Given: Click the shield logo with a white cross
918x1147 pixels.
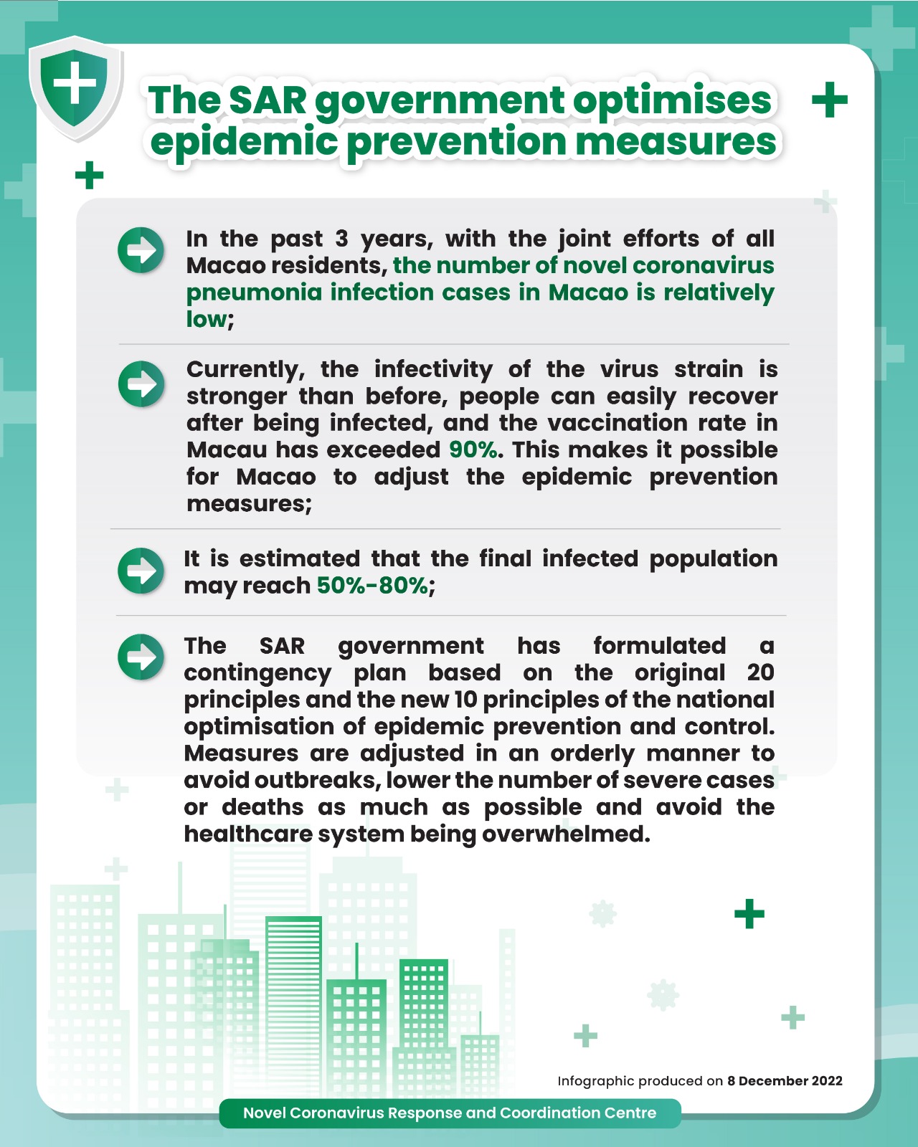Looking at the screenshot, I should [x=75, y=87].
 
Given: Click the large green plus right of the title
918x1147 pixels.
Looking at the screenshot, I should [x=830, y=100].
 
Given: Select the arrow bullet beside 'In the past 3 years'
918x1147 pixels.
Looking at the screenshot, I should [x=141, y=250].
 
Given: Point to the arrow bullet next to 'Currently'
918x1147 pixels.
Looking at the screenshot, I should [x=141, y=384].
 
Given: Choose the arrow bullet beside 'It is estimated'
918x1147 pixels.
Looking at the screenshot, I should [x=141, y=571].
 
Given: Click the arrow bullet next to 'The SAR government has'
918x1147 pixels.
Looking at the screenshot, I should [x=141, y=656].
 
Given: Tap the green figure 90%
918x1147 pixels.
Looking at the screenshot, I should [x=473, y=450].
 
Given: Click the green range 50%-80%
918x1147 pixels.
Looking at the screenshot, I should [x=373, y=586].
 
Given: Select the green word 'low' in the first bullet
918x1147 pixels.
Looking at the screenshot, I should [x=206, y=320].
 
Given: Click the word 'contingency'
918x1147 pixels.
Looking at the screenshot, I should [x=257, y=674].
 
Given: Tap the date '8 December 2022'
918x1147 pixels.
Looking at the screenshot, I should [x=785, y=1081].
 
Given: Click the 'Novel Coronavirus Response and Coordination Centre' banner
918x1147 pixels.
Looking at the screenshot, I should [x=450, y=1113].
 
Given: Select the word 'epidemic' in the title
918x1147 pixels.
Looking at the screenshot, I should [x=244, y=141].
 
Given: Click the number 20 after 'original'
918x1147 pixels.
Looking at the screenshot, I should [x=760, y=672].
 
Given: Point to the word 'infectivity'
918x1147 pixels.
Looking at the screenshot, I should [x=433, y=370].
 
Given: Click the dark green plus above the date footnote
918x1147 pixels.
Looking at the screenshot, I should [x=749, y=914].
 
